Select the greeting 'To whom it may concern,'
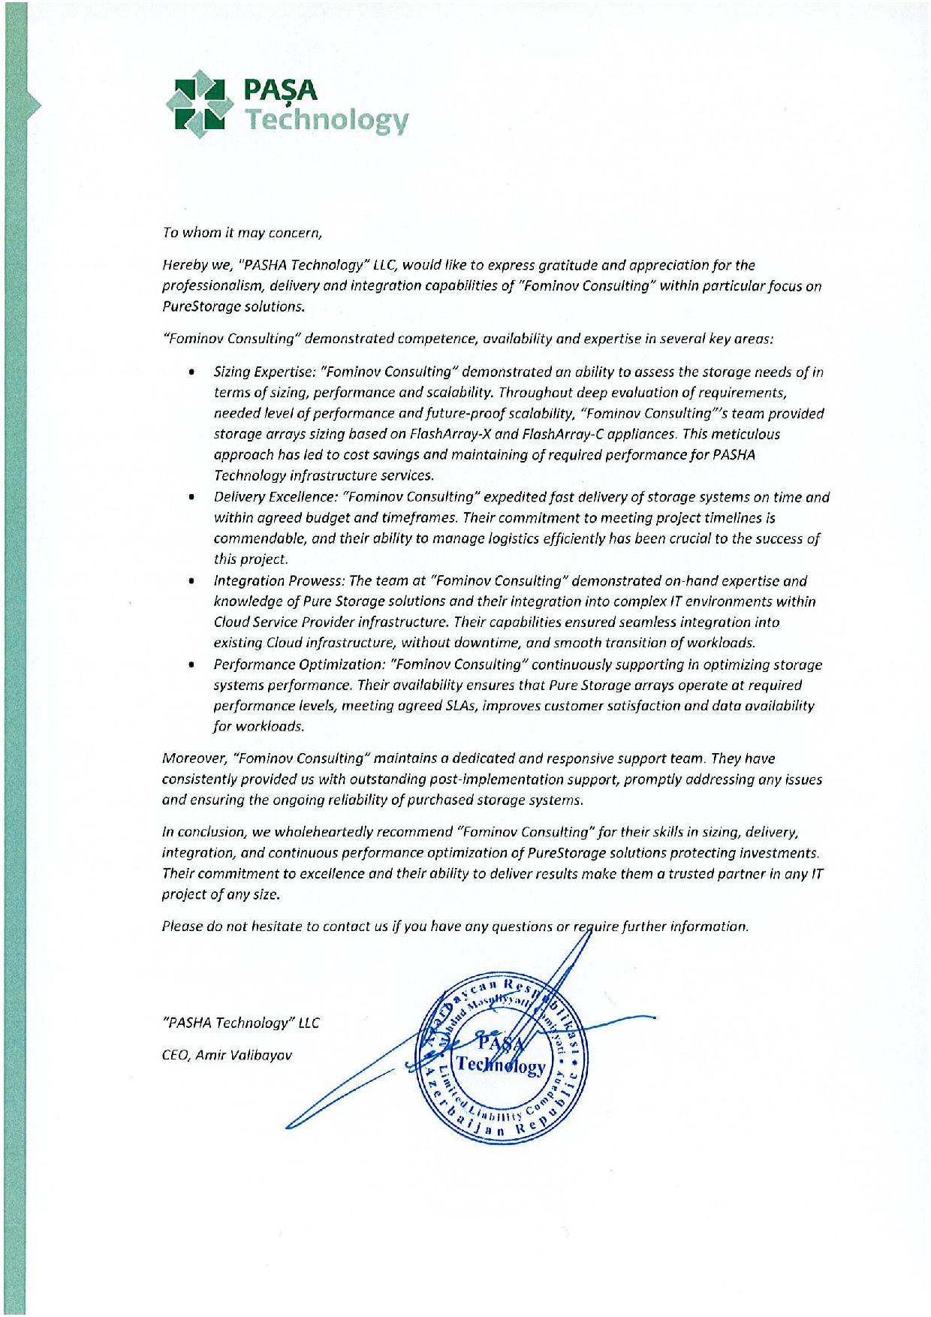click(243, 233)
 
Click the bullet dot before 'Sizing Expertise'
click(194, 372)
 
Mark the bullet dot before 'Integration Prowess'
click(194, 580)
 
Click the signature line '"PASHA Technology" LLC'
click(240, 1023)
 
